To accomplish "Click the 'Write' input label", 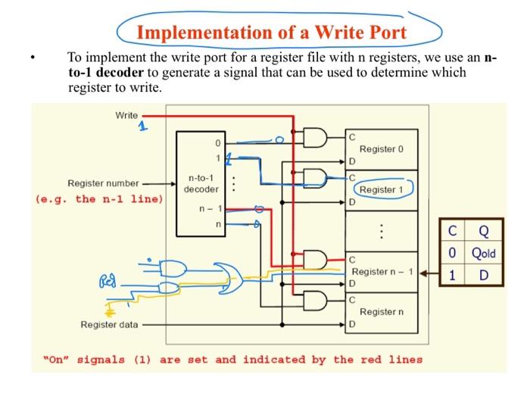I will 126,115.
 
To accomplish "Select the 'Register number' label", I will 103,183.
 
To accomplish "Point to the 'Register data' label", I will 110,325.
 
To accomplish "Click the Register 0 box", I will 382,149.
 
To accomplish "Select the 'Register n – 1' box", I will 382,271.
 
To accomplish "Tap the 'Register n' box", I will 382,311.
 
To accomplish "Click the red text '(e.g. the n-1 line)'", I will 99,199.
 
